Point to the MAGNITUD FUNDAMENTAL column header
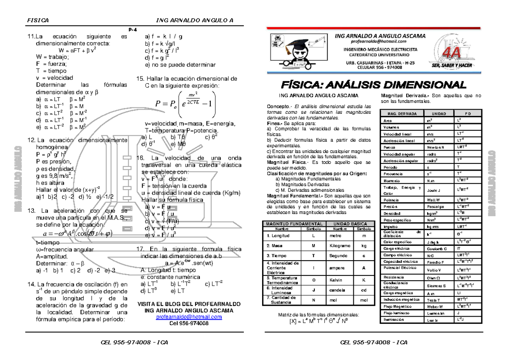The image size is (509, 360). (x=294, y=224)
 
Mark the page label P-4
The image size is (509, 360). (x=133, y=29)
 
